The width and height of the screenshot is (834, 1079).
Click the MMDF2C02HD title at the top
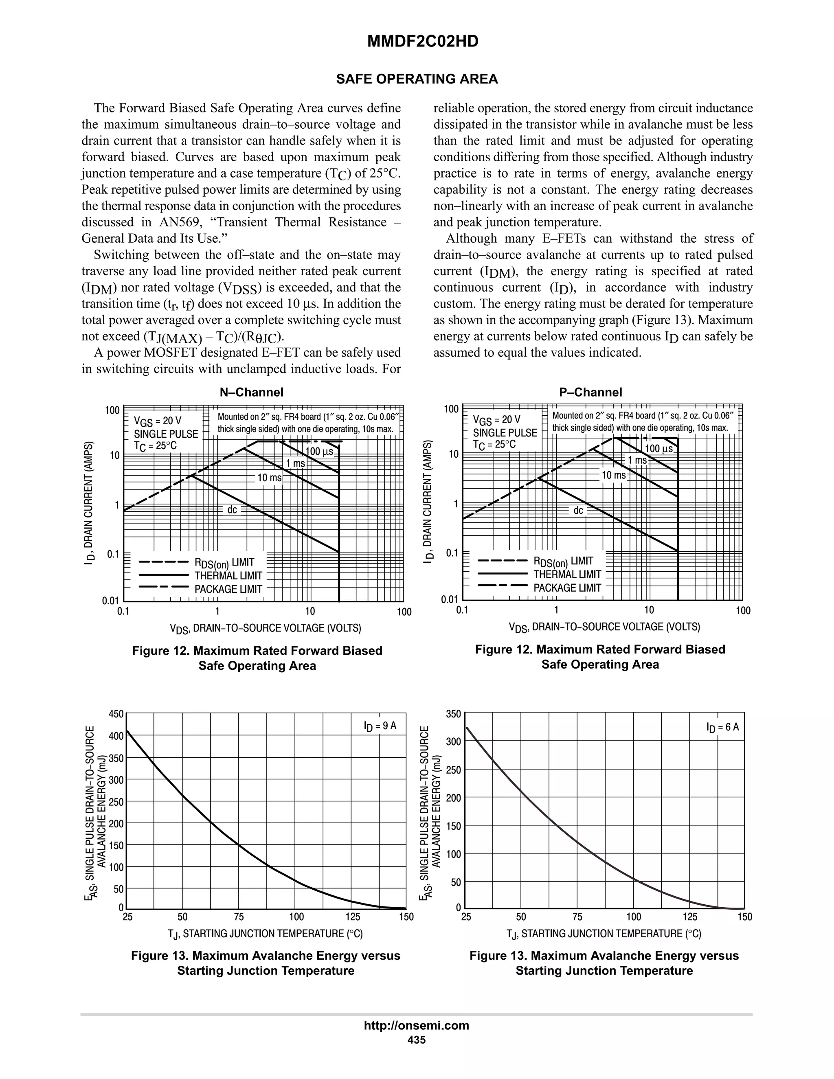click(x=422, y=42)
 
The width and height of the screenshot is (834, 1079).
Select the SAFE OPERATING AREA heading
click(x=417, y=79)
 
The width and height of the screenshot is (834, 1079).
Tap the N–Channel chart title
click(x=252, y=392)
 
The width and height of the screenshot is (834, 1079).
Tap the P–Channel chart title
click(x=590, y=392)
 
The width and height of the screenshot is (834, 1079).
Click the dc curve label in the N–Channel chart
click(x=232, y=509)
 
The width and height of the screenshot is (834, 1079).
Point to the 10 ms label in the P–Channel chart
click(x=613, y=475)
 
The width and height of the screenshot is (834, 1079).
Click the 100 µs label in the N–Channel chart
click(x=320, y=451)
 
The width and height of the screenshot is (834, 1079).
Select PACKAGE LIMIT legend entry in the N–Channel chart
click(x=228, y=589)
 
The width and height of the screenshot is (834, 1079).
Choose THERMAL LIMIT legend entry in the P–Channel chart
click(x=567, y=574)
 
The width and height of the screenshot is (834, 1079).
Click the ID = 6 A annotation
click(x=722, y=727)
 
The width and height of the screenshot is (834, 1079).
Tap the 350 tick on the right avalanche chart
click(x=452, y=714)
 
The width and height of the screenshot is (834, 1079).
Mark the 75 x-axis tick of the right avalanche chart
click(x=577, y=917)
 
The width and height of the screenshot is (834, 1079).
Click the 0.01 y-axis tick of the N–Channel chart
click(x=111, y=601)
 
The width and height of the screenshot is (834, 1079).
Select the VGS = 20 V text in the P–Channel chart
click(x=496, y=420)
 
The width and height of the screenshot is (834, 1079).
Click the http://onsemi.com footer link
click(x=416, y=1025)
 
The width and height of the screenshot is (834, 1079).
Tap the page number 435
click(x=416, y=1040)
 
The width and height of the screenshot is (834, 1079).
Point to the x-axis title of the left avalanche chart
click(x=266, y=934)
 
